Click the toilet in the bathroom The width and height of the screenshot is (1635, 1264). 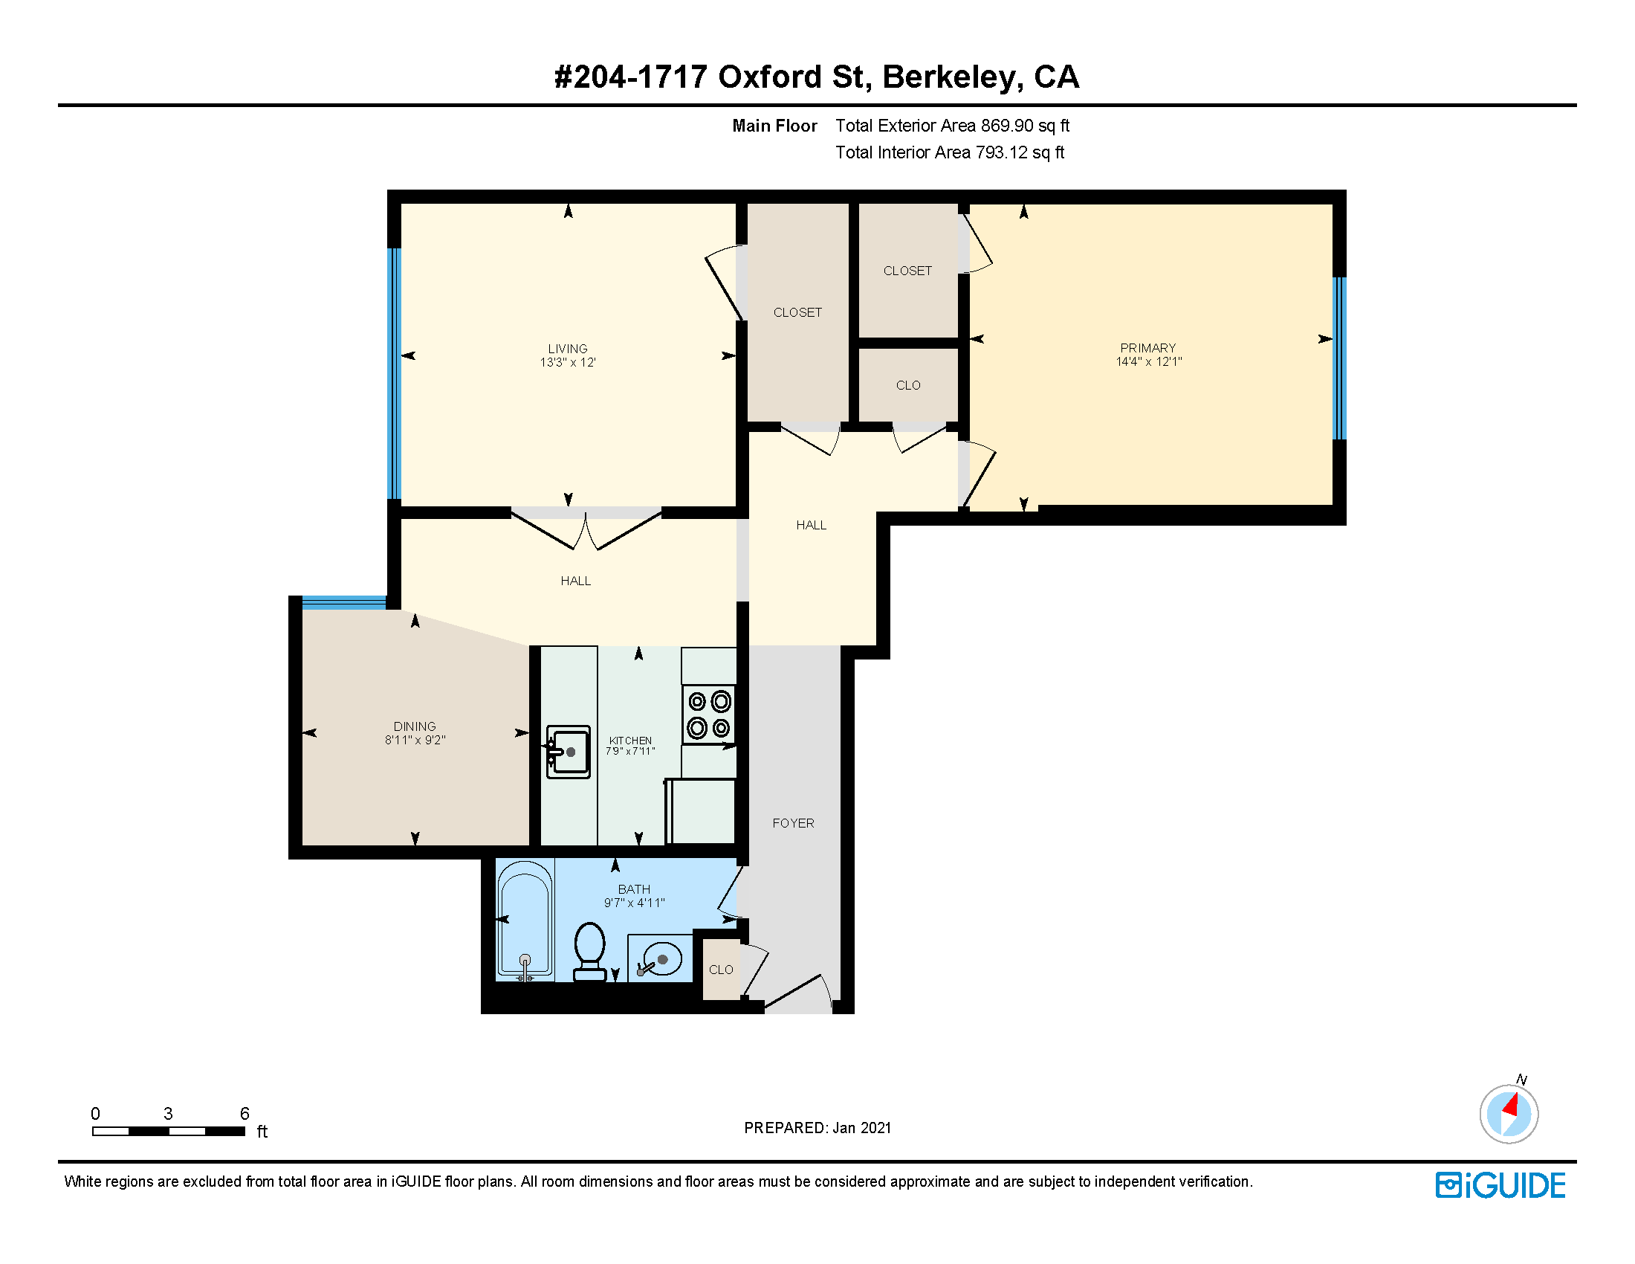pyautogui.click(x=589, y=949)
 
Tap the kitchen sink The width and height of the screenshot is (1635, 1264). pyautogui.click(x=569, y=752)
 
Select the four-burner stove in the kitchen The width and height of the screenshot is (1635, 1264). pyautogui.click(x=709, y=715)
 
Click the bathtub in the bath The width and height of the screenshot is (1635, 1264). pyautogui.click(x=525, y=921)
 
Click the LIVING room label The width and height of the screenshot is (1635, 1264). pyautogui.click(x=568, y=349)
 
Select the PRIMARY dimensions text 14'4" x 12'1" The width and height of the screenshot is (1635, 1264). pyautogui.click(x=1148, y=362)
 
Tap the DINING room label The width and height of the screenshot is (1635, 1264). pyautogui.click(x=415, y=726)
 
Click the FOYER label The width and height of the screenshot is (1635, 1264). pyautogui.click(x=793, y=823)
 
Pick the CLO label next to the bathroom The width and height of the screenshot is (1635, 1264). pyautogui.click(x=721, y=970)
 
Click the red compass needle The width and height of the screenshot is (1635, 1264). pyautogui.click(x=1512, y=1105)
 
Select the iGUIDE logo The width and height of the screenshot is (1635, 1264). pyautogui.click(x=1500, y=1185)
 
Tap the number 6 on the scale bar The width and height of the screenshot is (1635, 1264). pyautogui.click(x=244, y=1114)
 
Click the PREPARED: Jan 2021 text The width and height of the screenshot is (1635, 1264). pyautogui.click(x=817, y=1128)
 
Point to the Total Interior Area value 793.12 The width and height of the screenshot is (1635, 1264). pyautogui.click(x=1001, y=152)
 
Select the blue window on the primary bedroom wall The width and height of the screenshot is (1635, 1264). pyautogui.click(x=1339, y=358)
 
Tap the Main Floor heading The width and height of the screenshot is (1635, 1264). pyautogui.click(x=774, y=126)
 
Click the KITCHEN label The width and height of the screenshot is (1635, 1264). pyautogui.click(x=630, y=741)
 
